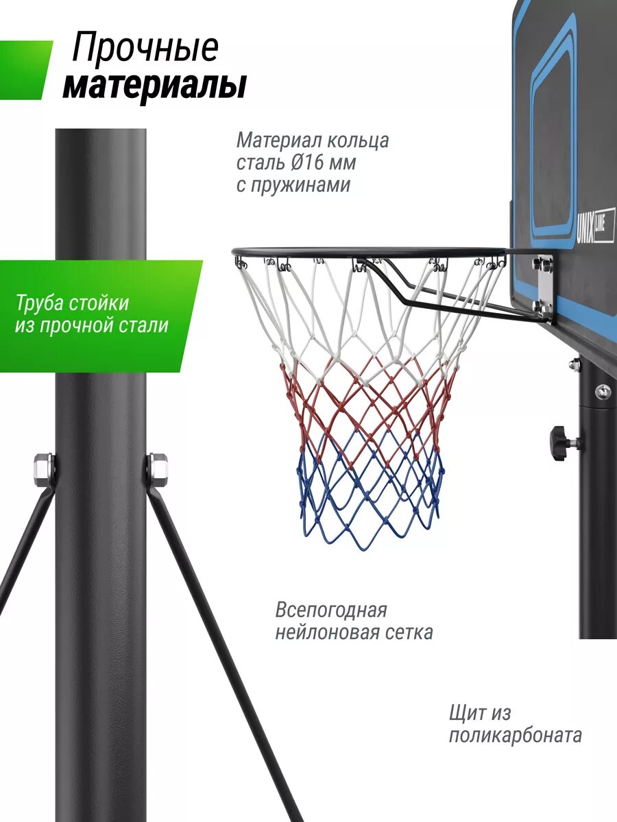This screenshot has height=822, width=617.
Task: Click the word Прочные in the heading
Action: (x=145, y=48)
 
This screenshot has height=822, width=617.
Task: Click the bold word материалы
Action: (x=155, y=87)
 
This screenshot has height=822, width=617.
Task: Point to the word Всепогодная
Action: (x=331, y=610)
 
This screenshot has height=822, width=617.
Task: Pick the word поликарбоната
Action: (x=516, y=736)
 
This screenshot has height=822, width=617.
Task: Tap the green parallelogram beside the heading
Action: (x=25, y=70)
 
